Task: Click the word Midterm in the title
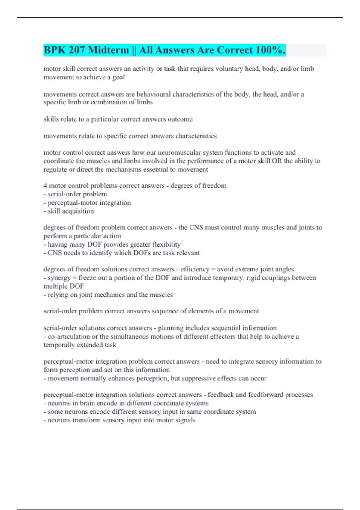point(108,50)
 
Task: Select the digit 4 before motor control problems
point(45,186)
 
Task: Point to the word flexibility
point(166,244)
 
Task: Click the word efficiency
point(195,269)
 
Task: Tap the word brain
point(89,403)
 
